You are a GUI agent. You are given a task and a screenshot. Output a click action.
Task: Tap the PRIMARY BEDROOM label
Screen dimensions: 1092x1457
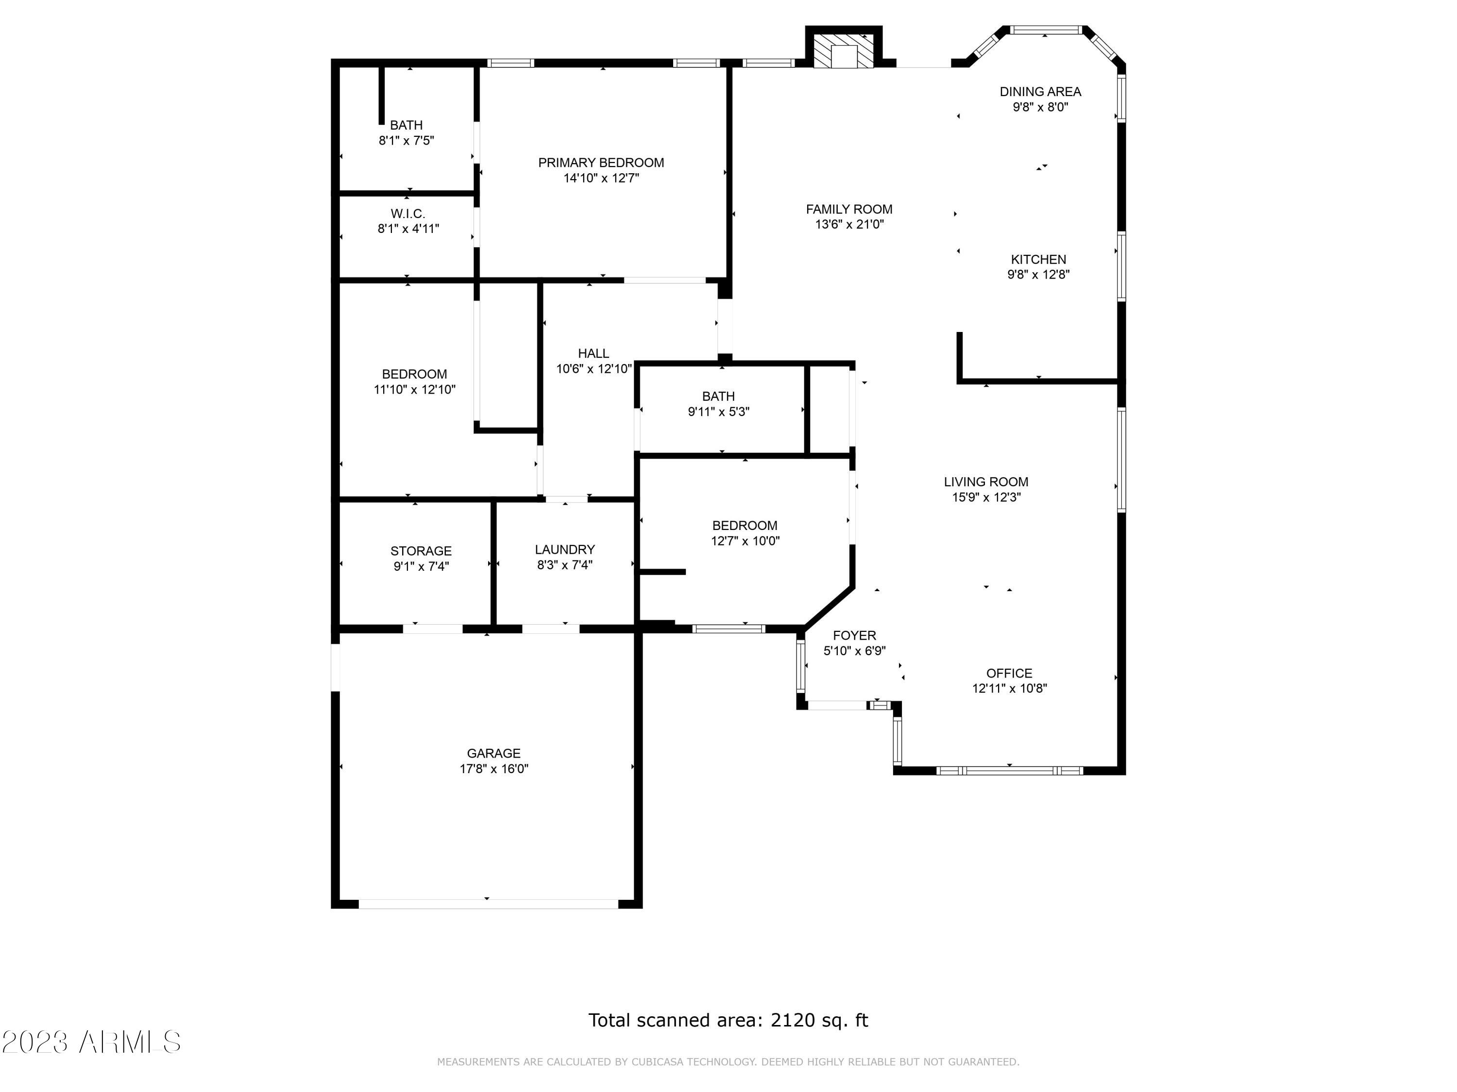[601, 163]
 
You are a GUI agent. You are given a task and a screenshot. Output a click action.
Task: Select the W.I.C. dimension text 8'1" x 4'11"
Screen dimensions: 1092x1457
[408, 229]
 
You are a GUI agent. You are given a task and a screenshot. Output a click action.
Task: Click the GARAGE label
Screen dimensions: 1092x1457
[493, 753]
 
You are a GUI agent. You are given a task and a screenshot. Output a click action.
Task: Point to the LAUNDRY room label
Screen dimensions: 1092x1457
[564, 549]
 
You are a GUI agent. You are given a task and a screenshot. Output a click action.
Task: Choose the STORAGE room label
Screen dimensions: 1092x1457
[421, 551]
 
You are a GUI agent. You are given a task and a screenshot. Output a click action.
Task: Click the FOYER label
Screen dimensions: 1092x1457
[854, 635]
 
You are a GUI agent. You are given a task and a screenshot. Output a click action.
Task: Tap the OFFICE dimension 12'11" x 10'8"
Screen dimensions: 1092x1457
[1009, 689]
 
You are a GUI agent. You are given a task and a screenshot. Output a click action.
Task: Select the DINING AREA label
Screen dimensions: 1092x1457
[1040, 92]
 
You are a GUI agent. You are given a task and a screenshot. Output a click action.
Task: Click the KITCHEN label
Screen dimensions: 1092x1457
[1038, 259]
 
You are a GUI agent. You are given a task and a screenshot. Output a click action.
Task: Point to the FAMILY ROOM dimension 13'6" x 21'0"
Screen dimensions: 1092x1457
[849, 224]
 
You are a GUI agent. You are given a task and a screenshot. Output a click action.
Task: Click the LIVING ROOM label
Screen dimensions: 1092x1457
[985, 482]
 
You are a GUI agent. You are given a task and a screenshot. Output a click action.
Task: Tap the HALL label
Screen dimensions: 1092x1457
[593, 353]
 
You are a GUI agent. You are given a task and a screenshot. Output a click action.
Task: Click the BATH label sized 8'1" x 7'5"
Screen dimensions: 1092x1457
[406, 125]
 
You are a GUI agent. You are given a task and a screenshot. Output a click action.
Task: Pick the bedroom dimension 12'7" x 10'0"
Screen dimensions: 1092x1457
[745, 541]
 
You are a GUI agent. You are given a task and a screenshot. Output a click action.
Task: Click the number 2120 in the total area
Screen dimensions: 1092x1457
[793, 1020]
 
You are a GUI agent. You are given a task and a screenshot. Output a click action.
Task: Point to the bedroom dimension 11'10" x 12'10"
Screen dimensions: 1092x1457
[414, 390]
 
